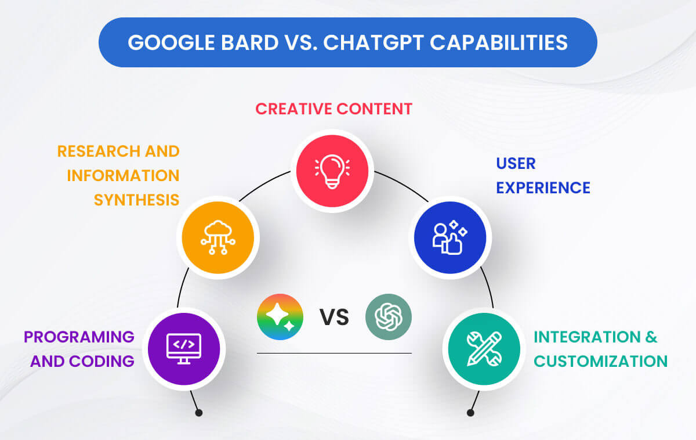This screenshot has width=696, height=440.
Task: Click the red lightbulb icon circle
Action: (x=332, y=171)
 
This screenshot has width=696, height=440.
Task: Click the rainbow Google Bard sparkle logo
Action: (x=280, y=317)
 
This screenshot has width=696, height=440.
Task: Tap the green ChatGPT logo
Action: (x=389, y=317)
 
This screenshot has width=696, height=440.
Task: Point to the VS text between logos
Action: (x=334, y=318)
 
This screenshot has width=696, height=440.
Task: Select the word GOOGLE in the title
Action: (x=164, y=42)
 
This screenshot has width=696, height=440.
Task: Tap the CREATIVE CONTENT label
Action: (x=334, y=109)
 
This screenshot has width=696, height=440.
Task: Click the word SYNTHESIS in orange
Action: (x=137, y=200)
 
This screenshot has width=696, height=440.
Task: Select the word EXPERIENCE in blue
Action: (x=543, y=187)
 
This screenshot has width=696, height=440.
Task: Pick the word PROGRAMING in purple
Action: (x=79, y=337)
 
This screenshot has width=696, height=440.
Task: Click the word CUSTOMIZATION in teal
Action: (x=600, y=361)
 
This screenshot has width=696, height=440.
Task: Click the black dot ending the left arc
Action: (x=199, y=413)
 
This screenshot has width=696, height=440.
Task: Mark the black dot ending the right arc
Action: (x=470, y=413)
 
